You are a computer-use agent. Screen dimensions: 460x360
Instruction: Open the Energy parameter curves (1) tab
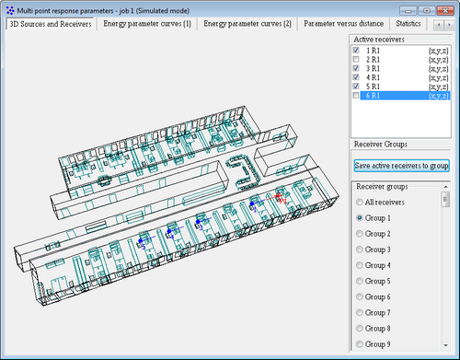pyautogui.click(x=147, y=24)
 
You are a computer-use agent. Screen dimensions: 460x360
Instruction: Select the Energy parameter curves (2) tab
pyautogui.click(x=247, y=24)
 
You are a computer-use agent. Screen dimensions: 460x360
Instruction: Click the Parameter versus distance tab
pyautogui.click(x=343, y=24)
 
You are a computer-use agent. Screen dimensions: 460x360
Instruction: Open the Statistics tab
pyautogui.click(x=408, y=24)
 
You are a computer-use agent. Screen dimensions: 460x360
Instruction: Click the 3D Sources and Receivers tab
pyautogui.click(x=51, y=24)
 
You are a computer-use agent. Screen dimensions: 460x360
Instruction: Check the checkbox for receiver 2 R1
pyautogui.click(x=356, y=59)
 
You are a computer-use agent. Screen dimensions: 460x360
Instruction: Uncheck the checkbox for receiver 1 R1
pyautogui.click(x=356, y=51)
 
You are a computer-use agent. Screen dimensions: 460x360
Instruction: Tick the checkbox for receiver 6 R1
pyautogui.click(x=356, y=96)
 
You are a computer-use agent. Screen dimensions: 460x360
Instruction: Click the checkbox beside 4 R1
pyautogui.click(x=356, y=77)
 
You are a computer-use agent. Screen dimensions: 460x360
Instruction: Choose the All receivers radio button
pyautogui.click(x=360, y=203)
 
